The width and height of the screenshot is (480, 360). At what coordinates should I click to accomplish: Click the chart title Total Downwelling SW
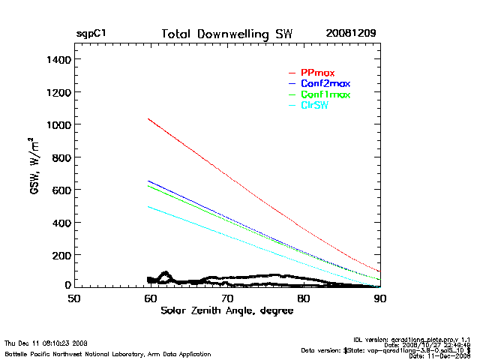[227, 34]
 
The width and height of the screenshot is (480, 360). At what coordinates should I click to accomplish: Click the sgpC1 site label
[91, 34]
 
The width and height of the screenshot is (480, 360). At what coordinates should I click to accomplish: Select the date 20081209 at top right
[351, 34]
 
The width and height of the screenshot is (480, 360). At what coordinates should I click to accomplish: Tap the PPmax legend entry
[317, 73]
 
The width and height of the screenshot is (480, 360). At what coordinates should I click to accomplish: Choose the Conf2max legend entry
[325, 83]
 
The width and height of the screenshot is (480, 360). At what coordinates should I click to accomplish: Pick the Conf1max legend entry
[325, 94]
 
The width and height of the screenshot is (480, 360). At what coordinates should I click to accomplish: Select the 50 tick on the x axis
[74, 298]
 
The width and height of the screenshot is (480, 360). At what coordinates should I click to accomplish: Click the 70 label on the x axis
[227, 298]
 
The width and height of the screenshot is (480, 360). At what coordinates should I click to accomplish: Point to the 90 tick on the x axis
[380, 298]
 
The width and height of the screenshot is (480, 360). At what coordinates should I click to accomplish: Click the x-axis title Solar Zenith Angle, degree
[226, 310]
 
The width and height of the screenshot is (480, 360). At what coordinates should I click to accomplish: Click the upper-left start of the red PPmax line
[149, 118]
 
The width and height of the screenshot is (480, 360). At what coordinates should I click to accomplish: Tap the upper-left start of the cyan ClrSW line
[149, 207]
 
